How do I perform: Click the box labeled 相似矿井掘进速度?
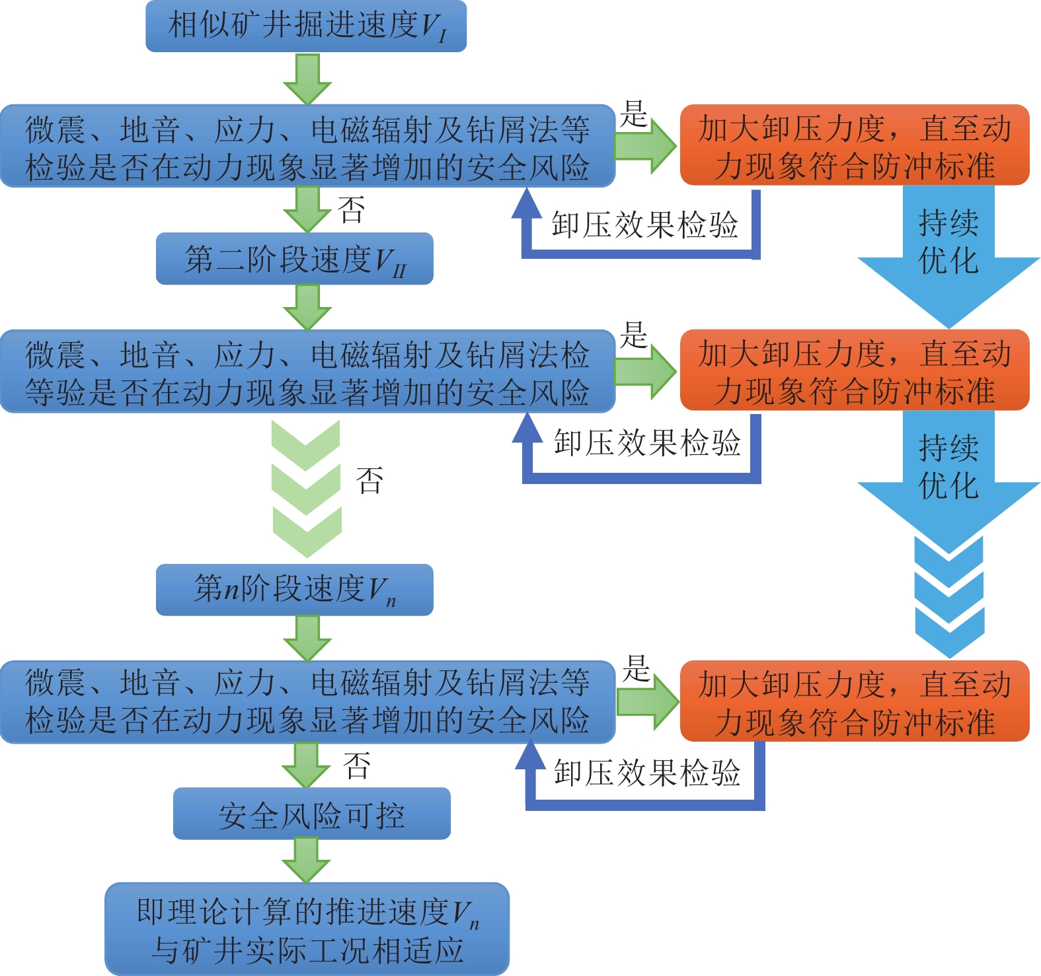(x=305, y=26)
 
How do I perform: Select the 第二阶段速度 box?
(x=294, y=259)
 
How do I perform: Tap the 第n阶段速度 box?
(x=294, y=590)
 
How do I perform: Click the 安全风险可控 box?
(x=311, y=814)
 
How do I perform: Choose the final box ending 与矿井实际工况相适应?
(x=307, y=929)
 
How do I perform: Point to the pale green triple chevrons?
(x=307, y=489)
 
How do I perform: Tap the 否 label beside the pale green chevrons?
(x=369, y=480)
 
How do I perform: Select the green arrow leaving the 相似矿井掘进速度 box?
(x=307, y=78)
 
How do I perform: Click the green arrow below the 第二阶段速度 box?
(x=307, y=307)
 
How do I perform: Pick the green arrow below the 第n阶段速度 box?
(x=307, y=638)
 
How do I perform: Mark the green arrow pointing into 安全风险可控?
(x=306, y=765)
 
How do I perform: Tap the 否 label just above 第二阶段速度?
(x=351, y=210)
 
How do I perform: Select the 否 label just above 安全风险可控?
(x=357, y=765)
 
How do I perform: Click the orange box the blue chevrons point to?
(x=855, y=701)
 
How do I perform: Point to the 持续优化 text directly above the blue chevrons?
(x=948, y=467)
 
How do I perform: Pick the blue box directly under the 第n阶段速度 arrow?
(x=307, y=701)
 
